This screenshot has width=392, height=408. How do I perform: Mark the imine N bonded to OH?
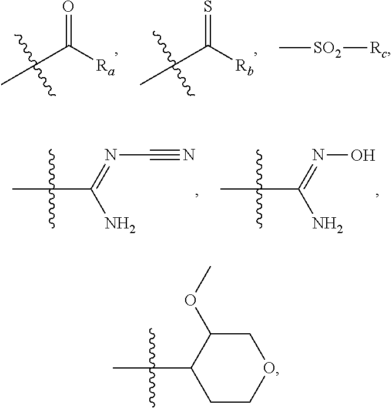pos(318,157)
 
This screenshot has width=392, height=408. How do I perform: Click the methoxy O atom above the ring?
pos(190,300)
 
